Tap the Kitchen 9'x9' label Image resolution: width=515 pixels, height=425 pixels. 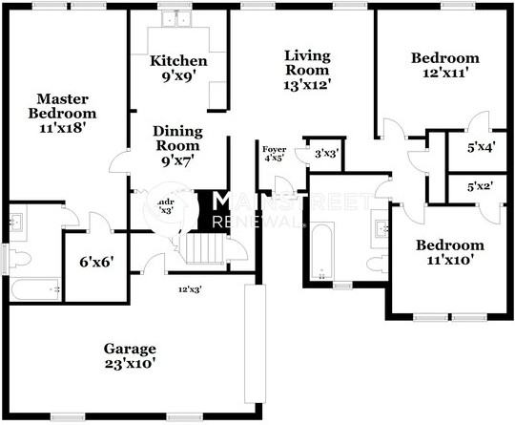[178, 69]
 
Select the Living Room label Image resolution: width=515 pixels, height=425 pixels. [307, 70]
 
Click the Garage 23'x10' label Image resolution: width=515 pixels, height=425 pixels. [130, 355]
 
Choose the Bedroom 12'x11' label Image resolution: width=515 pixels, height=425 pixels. [444, 65]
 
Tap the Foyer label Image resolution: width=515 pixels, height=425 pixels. [274, 153]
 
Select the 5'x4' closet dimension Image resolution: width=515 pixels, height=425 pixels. [480, 148]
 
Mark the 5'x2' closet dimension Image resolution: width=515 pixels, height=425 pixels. [480, 186]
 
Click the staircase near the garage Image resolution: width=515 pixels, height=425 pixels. [203, 250]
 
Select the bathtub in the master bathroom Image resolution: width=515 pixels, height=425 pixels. [36, 288]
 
